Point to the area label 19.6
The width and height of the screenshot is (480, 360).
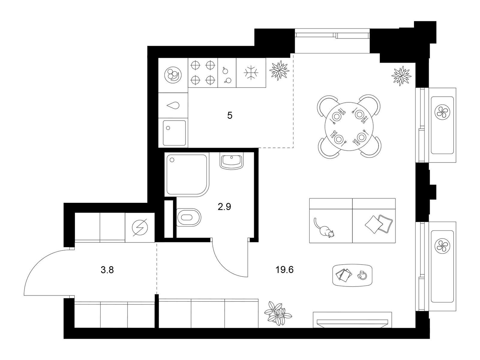[284, 270]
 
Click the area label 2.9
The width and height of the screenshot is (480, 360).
[224, 207]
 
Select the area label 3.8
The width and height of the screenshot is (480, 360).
[107, 270]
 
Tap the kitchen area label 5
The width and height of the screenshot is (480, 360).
[229, 115]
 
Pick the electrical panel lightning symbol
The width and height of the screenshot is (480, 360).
[140, 227]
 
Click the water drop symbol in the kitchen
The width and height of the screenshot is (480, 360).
[173, 106]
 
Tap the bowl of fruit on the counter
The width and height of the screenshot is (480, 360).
[173, 74]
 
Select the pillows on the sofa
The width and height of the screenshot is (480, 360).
[379, 223]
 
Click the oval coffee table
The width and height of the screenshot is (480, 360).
[352, 275]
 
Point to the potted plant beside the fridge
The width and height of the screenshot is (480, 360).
[280, 70]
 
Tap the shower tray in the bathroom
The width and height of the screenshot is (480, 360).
[187, 174]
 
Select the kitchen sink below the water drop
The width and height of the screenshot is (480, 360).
[174, 133]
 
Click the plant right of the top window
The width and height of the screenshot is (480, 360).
[401, 76]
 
